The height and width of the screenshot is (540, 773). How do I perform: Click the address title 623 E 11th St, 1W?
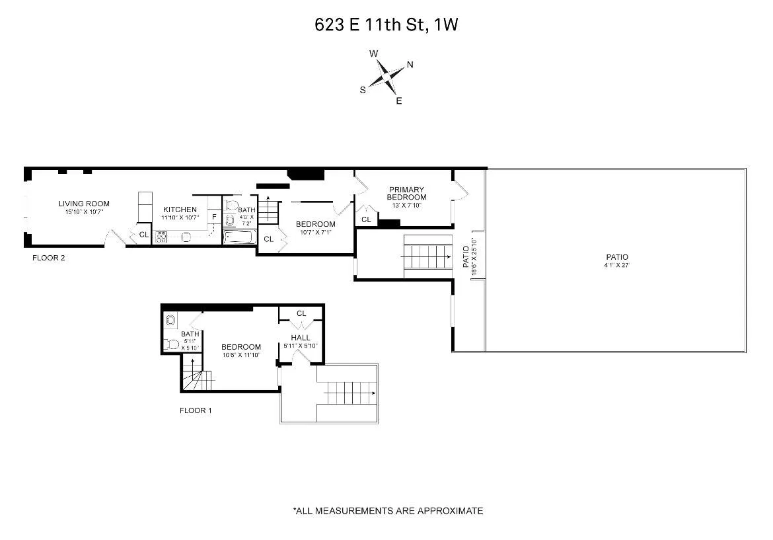point(386,26)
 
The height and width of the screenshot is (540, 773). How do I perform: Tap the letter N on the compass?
point(410,64)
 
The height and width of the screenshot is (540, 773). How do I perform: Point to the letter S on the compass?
point(363,91)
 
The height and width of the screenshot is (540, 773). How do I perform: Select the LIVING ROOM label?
point(84,204)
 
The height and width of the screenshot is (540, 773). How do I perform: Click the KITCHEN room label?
point(180,210)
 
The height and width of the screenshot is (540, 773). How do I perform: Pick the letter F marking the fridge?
point(214,217)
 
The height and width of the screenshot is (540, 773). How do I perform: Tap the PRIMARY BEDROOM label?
point(407,193)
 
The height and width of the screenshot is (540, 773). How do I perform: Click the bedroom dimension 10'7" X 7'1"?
point(315,232)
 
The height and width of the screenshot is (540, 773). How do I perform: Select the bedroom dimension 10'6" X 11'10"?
point(240,355)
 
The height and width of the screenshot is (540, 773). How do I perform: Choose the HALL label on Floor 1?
point(301,338)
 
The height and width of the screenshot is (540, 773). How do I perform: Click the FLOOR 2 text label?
point(49,258)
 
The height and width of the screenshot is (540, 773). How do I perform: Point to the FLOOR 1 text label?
point(196,410)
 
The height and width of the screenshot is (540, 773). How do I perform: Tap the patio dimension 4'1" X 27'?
point(617,266)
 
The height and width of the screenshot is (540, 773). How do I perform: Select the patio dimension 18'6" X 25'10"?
point(474,256)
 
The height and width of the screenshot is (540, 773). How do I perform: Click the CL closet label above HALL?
point(301,313)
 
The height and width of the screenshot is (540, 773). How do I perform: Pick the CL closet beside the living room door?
point(143,235)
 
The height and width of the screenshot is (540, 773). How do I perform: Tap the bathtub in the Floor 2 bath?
point(240,237)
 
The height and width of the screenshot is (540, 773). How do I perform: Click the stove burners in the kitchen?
point(161,235)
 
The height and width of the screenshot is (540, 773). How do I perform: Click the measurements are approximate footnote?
point(388,511)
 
